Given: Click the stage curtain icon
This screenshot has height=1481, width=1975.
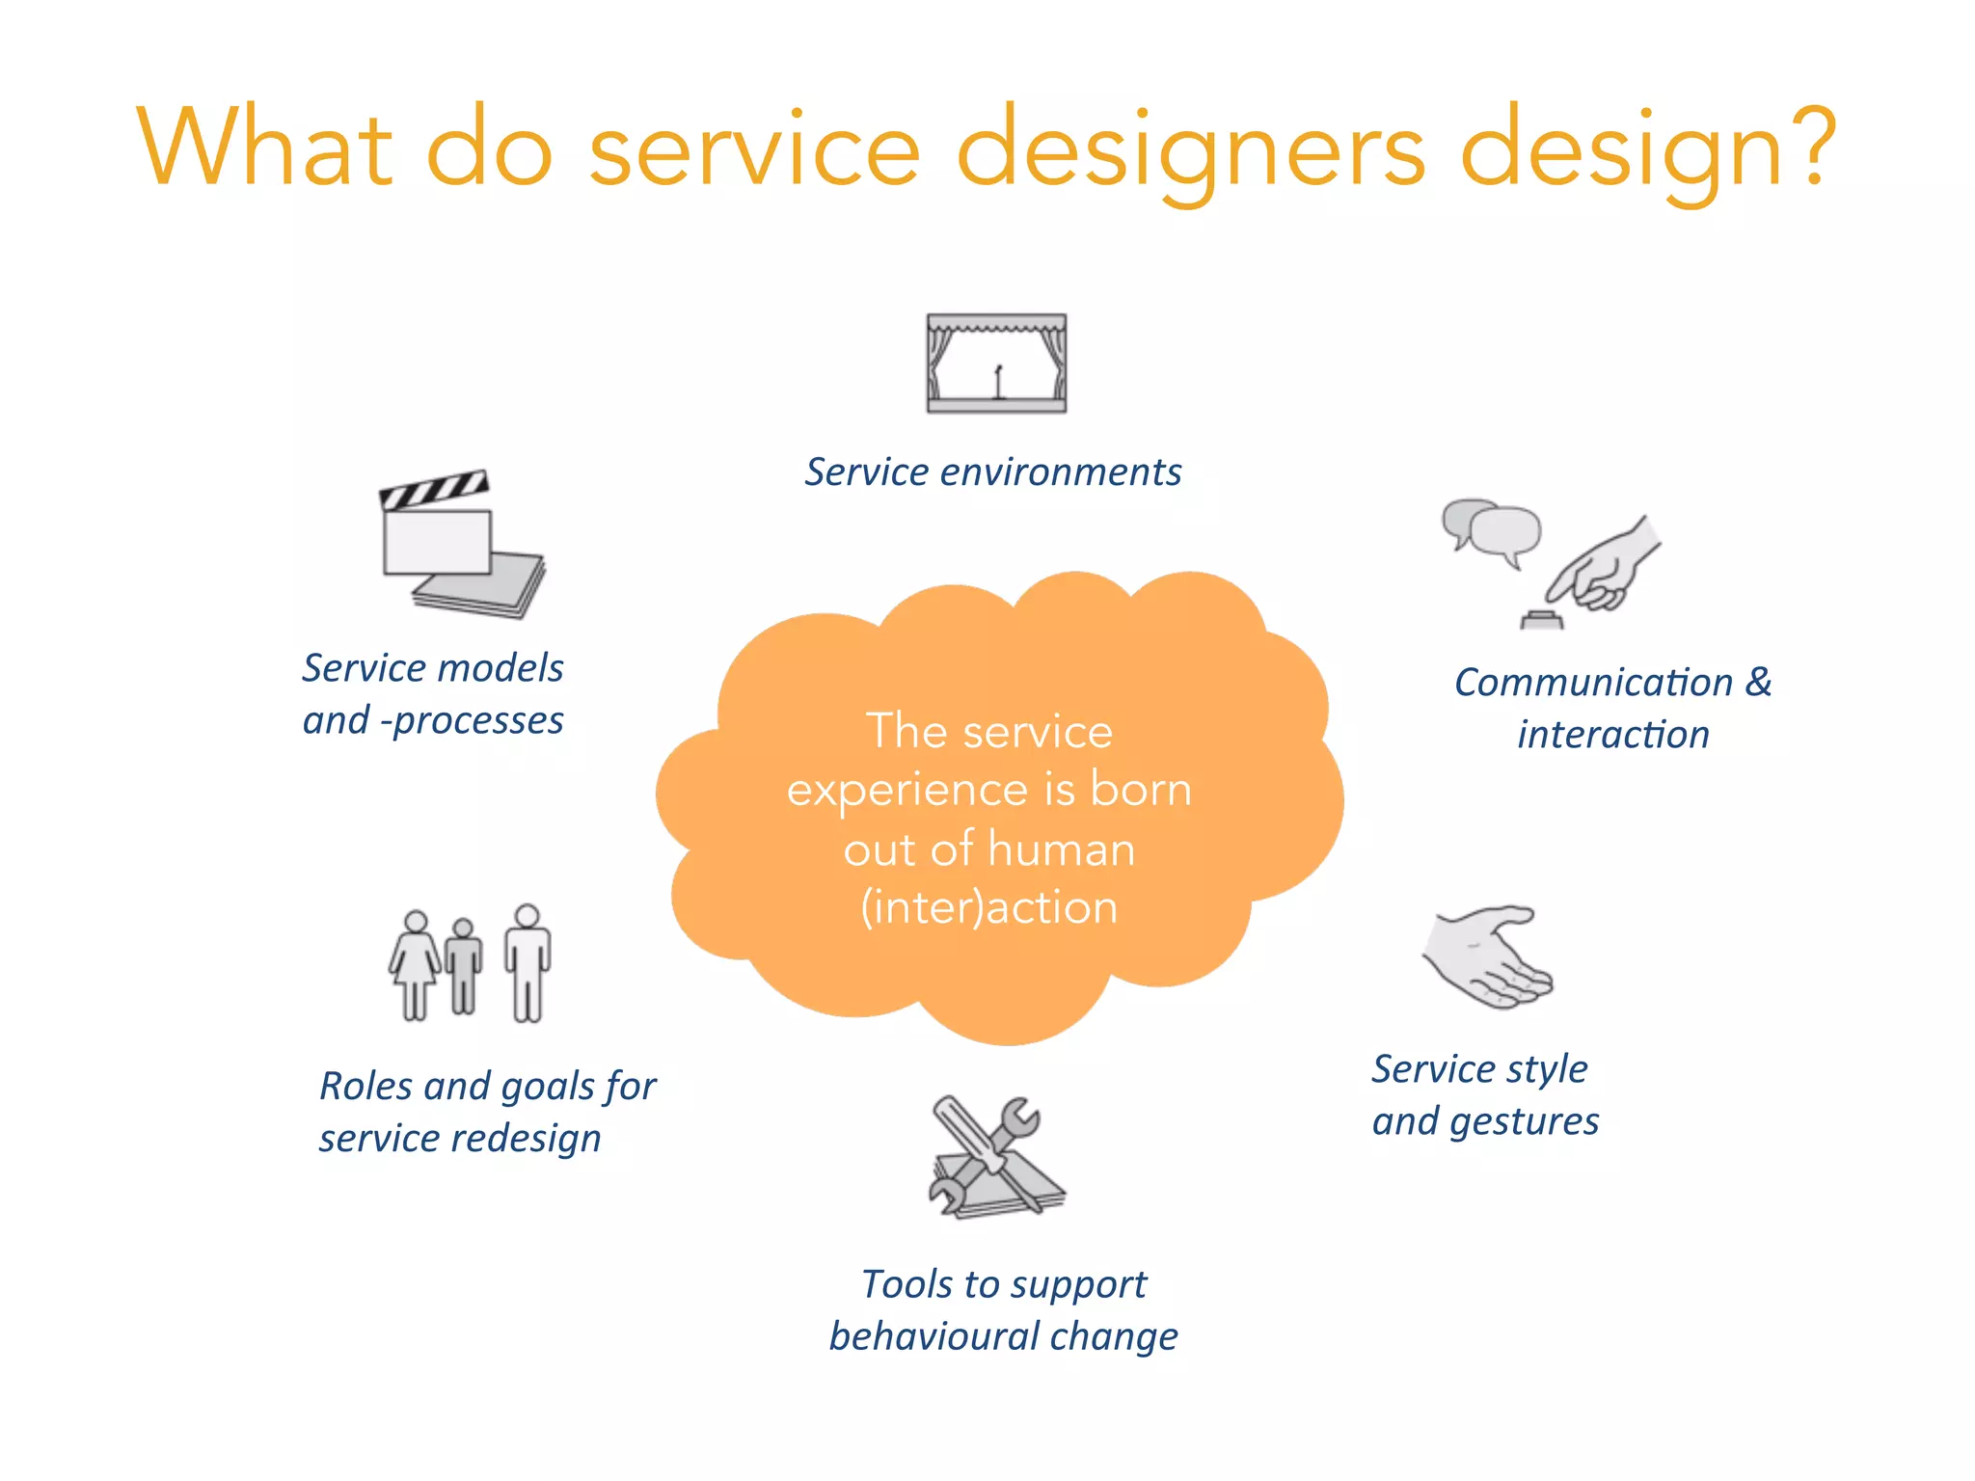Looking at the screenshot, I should [x=996, y=364].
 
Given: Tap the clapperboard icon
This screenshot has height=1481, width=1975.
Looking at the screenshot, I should [x=461, y=542].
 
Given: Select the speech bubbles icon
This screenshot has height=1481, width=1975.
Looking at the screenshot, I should [x=1492, y=531].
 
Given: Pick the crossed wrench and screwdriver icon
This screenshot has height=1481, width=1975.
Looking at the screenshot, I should [x=996, y=1157].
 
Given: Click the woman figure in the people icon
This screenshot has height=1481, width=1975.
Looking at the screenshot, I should [x=415, y=964].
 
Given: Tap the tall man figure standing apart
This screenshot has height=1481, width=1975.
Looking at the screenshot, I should [x=528, y=962].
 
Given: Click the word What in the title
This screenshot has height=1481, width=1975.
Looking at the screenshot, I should [x=265, y=149].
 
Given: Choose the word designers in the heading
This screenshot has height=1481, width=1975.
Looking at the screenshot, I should [x=1190, y=152].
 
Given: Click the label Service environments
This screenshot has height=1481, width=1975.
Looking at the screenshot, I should [x=993, y=472].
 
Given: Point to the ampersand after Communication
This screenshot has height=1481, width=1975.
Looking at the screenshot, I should [x=1758, y=682].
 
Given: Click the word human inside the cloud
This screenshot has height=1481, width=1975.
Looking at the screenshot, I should [x=1061, y=849].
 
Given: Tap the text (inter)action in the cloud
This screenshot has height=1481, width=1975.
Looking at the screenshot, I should [x=989, y=908].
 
